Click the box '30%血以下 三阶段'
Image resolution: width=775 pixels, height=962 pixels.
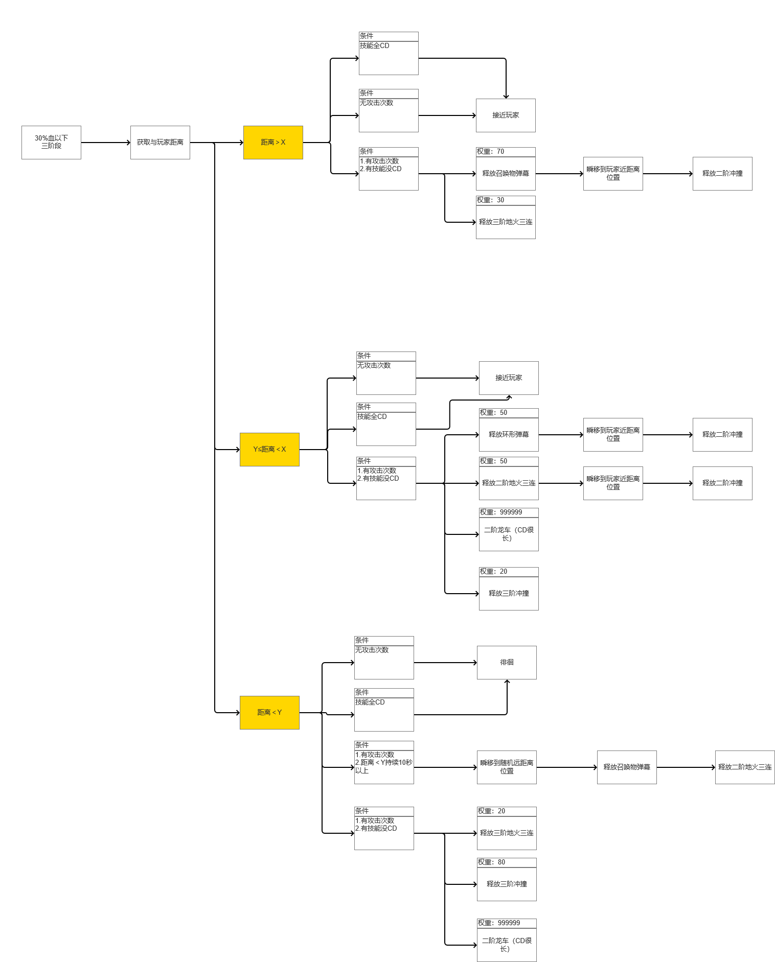(51, 142)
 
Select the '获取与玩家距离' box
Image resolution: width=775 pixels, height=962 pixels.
(160, 142)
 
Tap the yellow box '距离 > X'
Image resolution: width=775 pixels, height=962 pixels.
(273, 142)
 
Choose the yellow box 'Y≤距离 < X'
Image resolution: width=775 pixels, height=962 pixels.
(269, 449)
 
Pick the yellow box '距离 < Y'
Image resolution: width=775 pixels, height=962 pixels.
(269, 712)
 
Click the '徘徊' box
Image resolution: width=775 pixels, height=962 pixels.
(507, 662)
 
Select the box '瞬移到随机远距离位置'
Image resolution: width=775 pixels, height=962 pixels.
(507, 767)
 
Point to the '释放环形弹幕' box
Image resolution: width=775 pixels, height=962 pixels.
(509, 434)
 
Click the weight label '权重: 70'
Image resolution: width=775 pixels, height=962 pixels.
(491, 152)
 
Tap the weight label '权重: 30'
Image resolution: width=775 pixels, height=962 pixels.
(491, 200)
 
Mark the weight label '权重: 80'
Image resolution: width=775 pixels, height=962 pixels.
(492, 862)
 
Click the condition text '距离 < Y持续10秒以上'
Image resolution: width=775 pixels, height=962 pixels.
(383, 766)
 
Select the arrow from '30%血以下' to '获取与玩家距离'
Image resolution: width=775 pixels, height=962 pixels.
(105, 143)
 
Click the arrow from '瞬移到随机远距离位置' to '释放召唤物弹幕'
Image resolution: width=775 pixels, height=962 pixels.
(566, 767)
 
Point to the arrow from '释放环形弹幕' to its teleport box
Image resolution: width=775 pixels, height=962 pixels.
(561, 435)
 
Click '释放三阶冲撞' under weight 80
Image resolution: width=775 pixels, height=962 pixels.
(507, 884)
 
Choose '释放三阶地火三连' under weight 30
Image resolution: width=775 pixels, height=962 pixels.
(506, 222)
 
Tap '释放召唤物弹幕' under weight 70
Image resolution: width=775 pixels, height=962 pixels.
(506, 173)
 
